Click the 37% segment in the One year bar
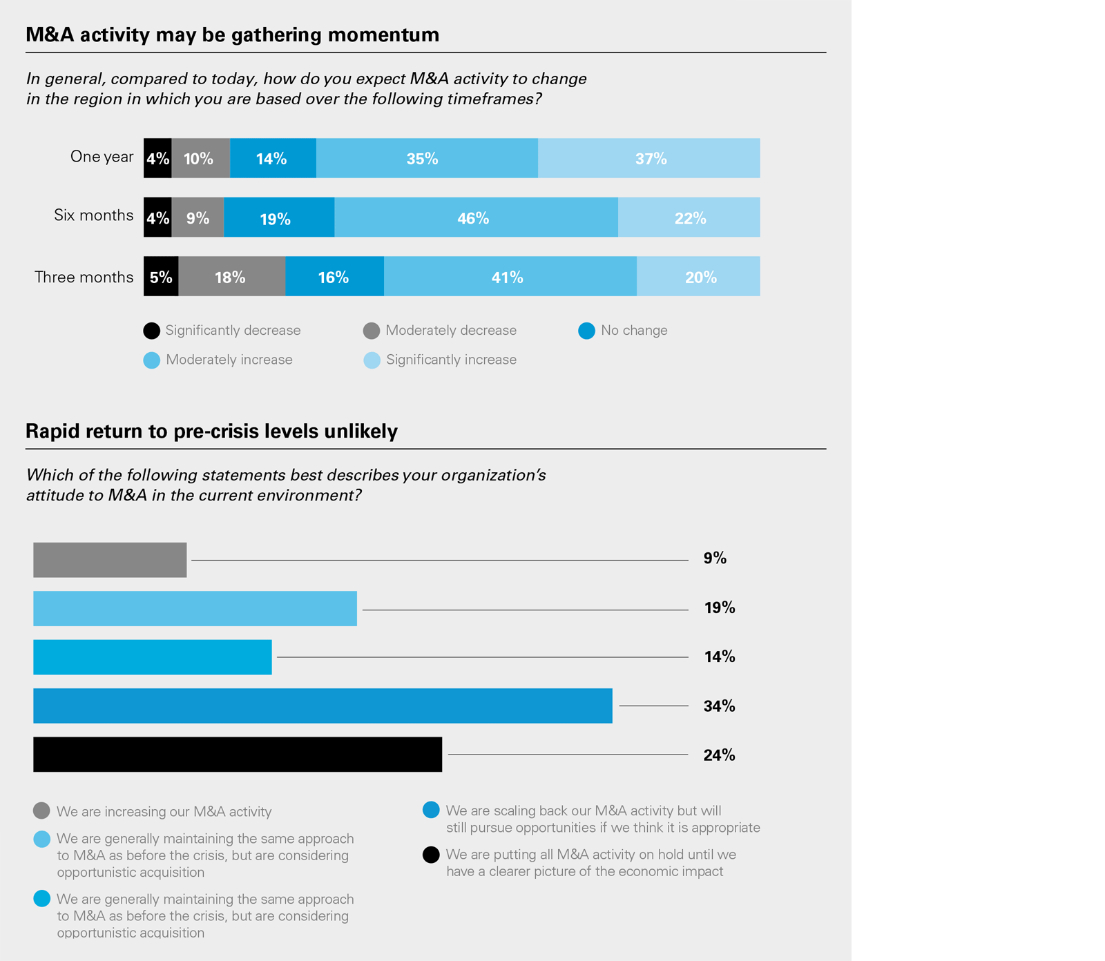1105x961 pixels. [648, 158]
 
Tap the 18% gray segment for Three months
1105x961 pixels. [231, 277]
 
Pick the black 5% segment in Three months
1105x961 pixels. [161, 277]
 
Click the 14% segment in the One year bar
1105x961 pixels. [273, 158]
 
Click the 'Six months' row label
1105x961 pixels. [94, 215]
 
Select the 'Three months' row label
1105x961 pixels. [84, 278]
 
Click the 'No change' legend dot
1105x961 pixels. [586, 331]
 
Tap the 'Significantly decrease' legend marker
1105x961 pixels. [152, 331]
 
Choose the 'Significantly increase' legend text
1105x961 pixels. [451, 360]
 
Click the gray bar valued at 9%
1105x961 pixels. [110, 560]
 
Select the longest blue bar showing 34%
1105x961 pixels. [323, 706]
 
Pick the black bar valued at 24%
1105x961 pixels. [238, 755]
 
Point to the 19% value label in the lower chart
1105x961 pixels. [719, 608]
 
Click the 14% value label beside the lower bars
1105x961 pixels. [719, 657]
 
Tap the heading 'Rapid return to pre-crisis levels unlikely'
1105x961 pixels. [211, 431]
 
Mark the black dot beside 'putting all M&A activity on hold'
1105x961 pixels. [431, 855]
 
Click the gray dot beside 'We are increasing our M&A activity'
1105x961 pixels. [41, 810]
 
